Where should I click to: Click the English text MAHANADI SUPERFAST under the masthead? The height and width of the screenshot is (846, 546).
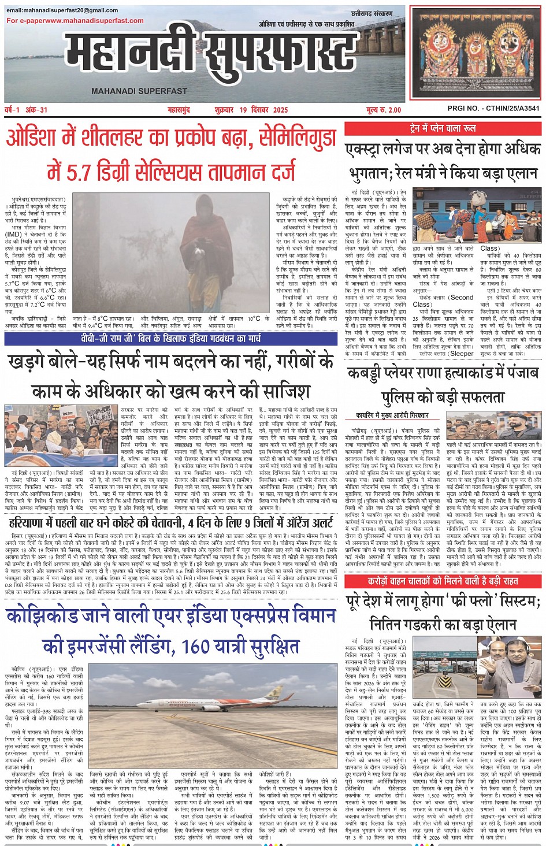click(x=139, y=91)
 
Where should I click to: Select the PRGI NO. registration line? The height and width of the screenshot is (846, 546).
click(x=493, y=108)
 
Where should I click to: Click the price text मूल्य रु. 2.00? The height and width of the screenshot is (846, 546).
click(x=383, y=110)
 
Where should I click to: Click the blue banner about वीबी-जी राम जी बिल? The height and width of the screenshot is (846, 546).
click(x=170, y=339)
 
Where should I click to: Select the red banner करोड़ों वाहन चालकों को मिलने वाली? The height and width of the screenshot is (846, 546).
click(x=443, y=581)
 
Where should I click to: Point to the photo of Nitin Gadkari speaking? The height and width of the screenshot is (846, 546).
click(x=509, y=663)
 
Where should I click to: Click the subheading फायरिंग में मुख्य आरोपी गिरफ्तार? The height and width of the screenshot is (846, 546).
click(x=392, y=415)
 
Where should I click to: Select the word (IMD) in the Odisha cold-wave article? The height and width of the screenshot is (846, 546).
click(x=13, y=235)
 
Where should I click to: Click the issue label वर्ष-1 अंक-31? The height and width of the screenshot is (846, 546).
click(x=27, y=110)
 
